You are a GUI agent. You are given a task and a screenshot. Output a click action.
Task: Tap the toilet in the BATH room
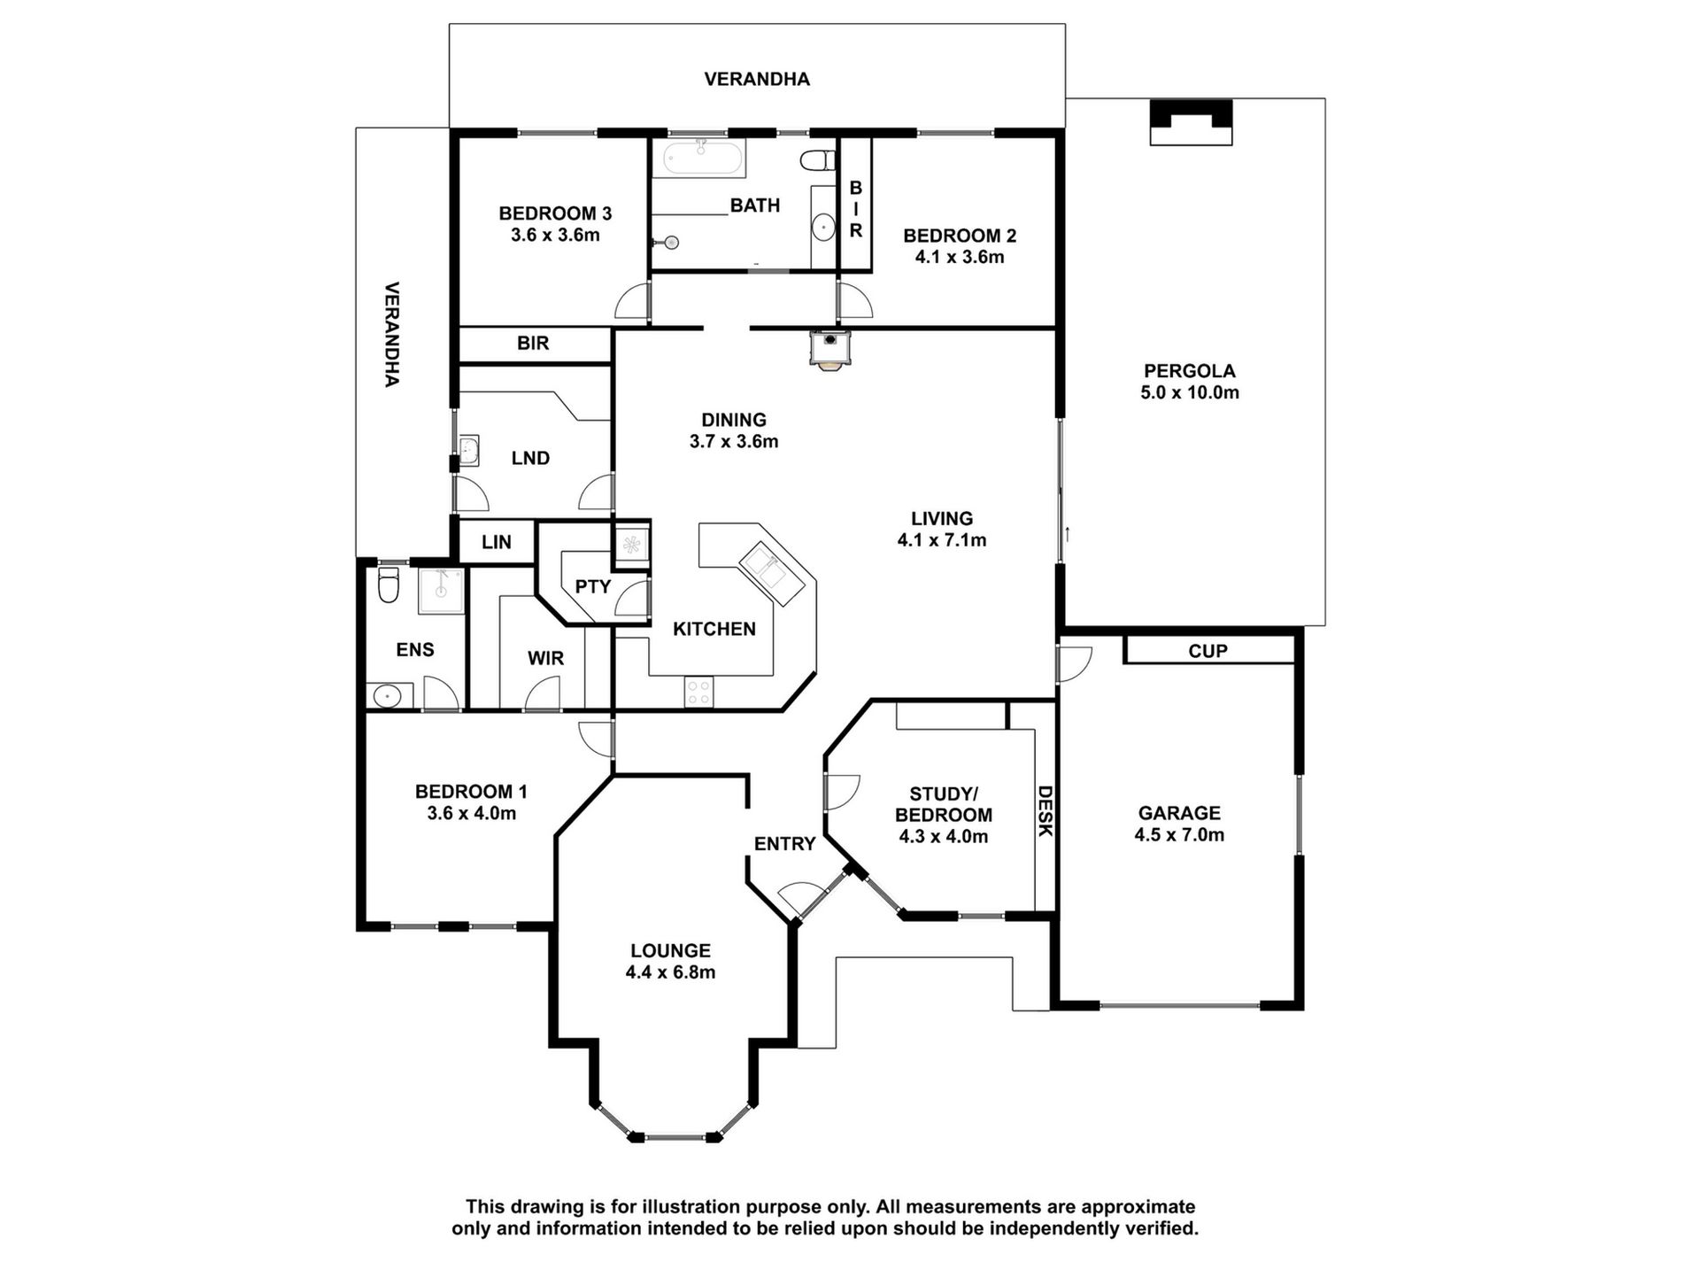[819, 161]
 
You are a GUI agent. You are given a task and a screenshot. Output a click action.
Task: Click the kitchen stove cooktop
[698, 692]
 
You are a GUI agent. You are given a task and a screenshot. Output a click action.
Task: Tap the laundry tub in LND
[469, 451]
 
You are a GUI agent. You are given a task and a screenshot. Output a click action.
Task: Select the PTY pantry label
[593, 586]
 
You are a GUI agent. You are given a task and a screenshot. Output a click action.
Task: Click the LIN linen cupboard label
[497, 542]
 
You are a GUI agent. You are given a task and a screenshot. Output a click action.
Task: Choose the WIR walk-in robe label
[545, 658]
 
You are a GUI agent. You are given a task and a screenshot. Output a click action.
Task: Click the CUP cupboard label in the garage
[1207, 651]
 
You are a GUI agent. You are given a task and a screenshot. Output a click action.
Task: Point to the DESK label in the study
[1045, 811]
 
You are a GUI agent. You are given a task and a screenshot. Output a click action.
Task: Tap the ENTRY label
[784, 844]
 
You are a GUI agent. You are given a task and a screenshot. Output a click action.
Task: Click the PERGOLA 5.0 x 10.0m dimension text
[1190, 392]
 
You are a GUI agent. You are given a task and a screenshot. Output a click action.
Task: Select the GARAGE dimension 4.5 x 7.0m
[1179, 834]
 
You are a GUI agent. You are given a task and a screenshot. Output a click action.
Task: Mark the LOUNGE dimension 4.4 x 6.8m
[670, 972]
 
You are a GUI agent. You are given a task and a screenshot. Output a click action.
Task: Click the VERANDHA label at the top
[757, 80]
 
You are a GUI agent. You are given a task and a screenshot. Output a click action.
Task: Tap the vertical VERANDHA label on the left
[392, 334]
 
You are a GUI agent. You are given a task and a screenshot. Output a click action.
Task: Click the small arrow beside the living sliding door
[1069, 534]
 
